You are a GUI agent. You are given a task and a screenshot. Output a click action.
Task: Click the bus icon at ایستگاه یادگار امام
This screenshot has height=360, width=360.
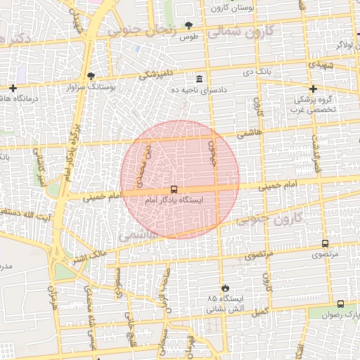[x=174, y=190]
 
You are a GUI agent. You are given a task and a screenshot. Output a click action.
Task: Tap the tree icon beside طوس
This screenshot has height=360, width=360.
[x=188, y=25]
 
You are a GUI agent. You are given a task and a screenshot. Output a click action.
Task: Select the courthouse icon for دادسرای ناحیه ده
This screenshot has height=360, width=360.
[x=200, y=79]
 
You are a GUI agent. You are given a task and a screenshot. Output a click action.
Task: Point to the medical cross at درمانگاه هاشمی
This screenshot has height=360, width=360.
[x=13, y=88]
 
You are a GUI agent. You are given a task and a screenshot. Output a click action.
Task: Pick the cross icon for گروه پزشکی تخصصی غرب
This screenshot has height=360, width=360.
[x=313, y=89]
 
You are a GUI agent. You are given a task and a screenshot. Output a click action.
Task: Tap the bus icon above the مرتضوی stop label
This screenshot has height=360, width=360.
[x=324, y=243]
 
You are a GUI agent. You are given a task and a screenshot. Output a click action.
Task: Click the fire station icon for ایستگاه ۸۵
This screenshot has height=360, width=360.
[x=225, y=288]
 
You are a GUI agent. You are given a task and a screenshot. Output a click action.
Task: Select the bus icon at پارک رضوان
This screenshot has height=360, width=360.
[x=341, y=304]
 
